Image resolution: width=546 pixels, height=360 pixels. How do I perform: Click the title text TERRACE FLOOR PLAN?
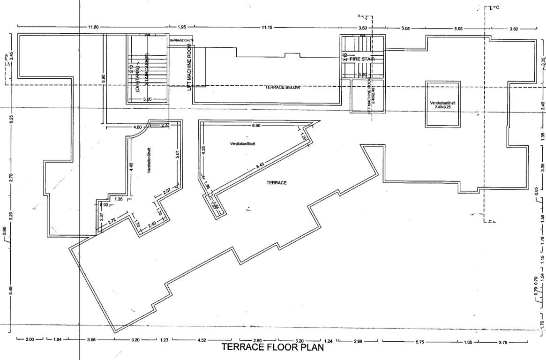click(x=272, y=347)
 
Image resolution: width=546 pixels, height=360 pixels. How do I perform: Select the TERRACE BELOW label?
click(x=282, y=88)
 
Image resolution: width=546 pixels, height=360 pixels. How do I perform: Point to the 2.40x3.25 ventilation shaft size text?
click(x=442, y=107)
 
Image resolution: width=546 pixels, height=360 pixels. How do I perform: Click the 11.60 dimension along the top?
click(x=93, y=27)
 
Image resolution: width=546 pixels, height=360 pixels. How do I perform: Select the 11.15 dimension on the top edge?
click(x=267, y=27)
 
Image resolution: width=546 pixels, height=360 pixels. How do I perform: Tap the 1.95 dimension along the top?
click(x=182, y=27)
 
